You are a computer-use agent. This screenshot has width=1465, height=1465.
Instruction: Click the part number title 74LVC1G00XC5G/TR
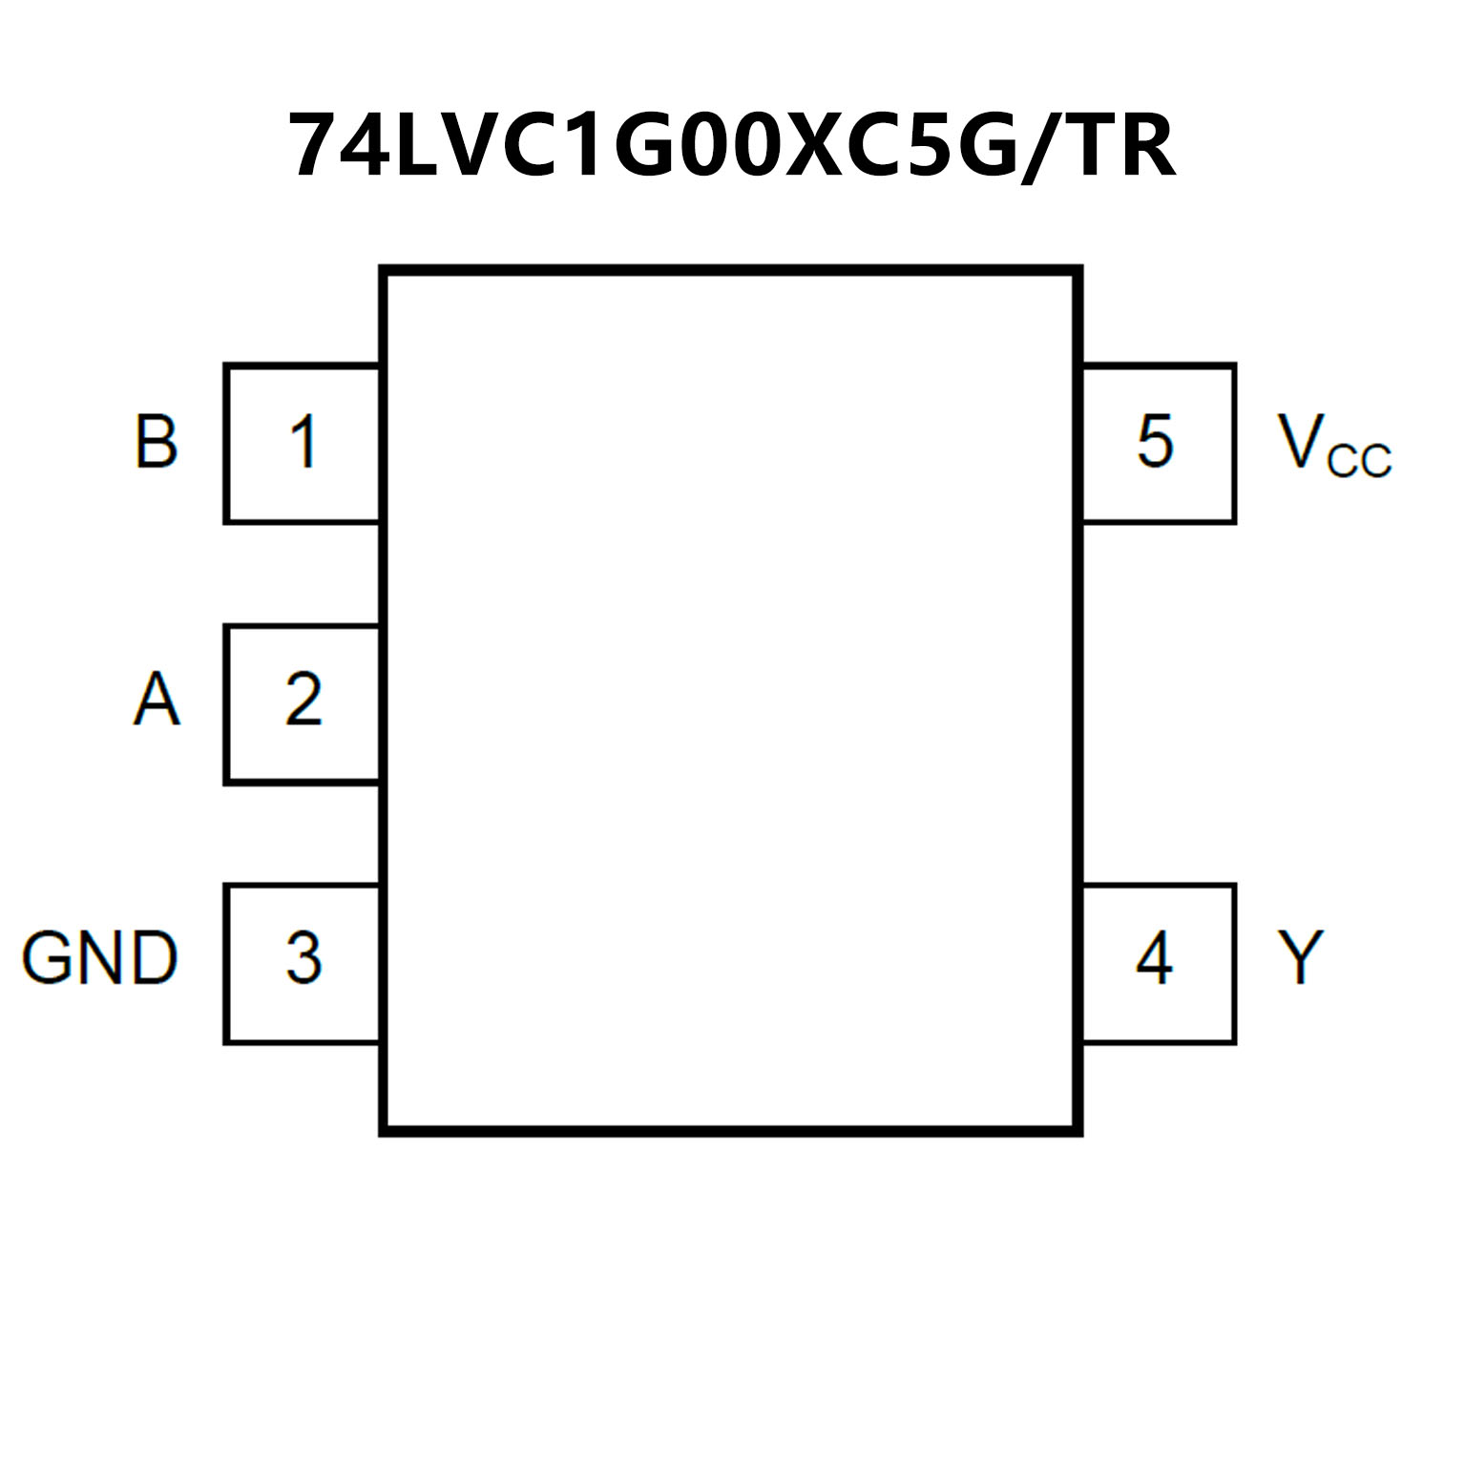732,146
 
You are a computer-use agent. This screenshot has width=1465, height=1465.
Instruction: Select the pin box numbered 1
303,444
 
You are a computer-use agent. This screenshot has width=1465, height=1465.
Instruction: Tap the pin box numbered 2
303,703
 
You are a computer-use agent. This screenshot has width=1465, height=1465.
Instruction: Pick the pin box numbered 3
303,963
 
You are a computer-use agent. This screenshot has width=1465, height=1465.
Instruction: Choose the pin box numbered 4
1158,963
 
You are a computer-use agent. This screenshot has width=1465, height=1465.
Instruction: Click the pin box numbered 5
1158,444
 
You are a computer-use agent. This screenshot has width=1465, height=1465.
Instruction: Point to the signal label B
156,442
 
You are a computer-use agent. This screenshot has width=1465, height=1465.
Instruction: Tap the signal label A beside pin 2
156,700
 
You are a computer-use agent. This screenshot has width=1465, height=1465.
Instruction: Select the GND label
99,958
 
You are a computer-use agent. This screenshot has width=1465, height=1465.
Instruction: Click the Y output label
1300,957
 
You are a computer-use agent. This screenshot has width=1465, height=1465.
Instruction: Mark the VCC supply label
1333,445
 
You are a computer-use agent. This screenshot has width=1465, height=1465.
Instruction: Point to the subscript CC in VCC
1360,460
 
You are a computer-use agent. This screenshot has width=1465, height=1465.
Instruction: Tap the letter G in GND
48,958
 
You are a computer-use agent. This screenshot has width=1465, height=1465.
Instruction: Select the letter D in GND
153,958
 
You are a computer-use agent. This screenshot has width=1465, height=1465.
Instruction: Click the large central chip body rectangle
731,701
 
